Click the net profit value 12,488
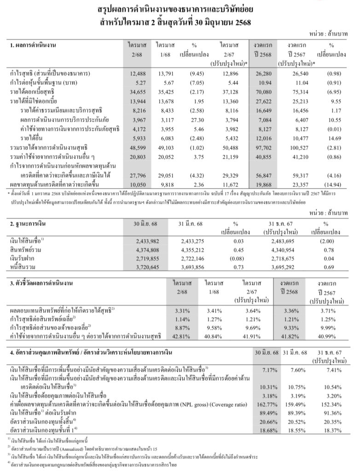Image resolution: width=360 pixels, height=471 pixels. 138,74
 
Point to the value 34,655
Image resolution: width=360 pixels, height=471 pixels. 138,92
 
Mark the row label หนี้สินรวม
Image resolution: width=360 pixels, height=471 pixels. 22,268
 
